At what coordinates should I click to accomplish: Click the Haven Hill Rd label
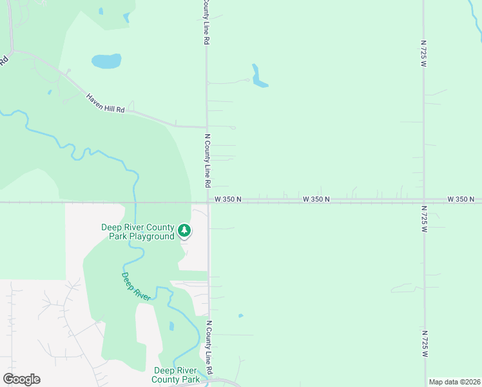[x=106, y=104]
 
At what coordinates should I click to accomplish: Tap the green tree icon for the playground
[x=185, y=230]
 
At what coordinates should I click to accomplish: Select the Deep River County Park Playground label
[x=138, y=232]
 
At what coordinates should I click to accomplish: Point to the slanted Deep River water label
[x=136, y=286]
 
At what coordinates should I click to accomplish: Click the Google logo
[x=22, y=379]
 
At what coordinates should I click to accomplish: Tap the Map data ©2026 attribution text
[x=454, y=382]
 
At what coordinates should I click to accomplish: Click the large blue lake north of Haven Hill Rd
[x=106, y=61]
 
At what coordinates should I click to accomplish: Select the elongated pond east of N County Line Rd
[x=259, y=77]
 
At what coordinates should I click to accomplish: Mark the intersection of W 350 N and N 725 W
[x=423, y=201]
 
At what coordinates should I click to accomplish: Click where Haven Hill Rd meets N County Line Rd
[x=206, y=126]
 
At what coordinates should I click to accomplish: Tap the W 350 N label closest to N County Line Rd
[x=228, y=199]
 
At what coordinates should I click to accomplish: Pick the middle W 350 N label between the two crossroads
[x=316, y=199]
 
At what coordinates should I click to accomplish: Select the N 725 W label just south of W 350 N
[x=423, y=221]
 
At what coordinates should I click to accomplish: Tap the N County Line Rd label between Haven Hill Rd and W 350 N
[x=207, y=161]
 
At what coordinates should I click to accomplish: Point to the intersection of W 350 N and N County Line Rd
[x=207, y=202]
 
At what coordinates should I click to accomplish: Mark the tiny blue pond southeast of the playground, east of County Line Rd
[x=240, y=315]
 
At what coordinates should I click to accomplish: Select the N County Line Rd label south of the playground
[x=209, y=346]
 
